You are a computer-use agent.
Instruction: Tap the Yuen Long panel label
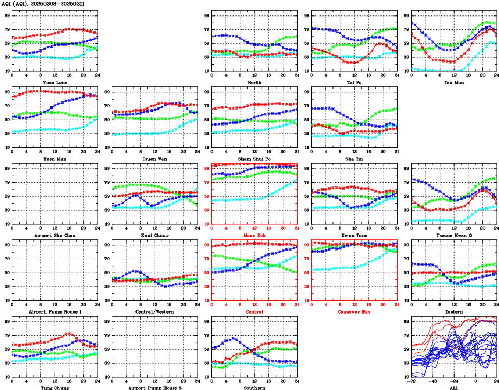click(55, 82)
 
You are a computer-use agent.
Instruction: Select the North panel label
click(254, 82)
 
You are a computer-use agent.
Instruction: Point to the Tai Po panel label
click(354, 82)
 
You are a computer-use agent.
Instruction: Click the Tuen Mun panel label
click(55, 159)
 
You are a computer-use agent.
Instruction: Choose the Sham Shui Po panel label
click(254, 159)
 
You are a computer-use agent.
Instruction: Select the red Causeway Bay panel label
click(354, 311)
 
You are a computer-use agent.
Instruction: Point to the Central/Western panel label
click(155, 311)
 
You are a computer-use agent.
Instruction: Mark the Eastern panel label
click(453, 311)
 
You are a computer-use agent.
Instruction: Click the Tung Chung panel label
click(55, 387)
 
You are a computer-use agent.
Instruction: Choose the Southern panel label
click(254, 387)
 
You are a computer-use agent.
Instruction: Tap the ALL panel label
click(453, 387)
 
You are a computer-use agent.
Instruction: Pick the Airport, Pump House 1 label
click(55, 311)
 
